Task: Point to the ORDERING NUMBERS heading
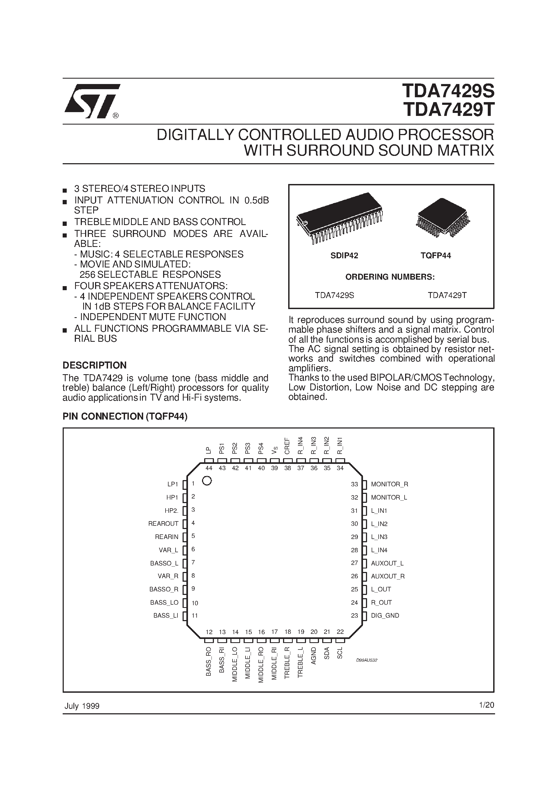click(390, 277)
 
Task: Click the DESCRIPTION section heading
click(95, 365)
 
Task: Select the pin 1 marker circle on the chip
click(207, 481)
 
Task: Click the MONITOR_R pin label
click(389, 484)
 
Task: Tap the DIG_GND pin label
click(385, 615)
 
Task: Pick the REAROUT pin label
click(163, 524)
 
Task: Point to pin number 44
click(209, 468)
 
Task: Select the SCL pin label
click(340, 653)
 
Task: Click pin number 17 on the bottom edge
click(274, 632)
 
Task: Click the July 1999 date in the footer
click(82, 706)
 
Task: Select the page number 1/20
click(486, 705)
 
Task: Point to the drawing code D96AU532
click(367, 660)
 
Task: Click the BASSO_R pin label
click(164, 590)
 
